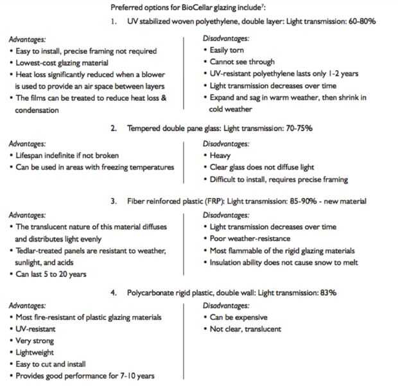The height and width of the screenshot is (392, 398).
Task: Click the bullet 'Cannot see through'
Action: [241, 62]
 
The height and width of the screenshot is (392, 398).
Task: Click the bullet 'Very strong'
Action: [36, 341]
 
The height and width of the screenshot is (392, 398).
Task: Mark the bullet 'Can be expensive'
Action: [239, 317]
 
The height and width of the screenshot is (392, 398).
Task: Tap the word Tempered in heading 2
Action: [138, 129]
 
